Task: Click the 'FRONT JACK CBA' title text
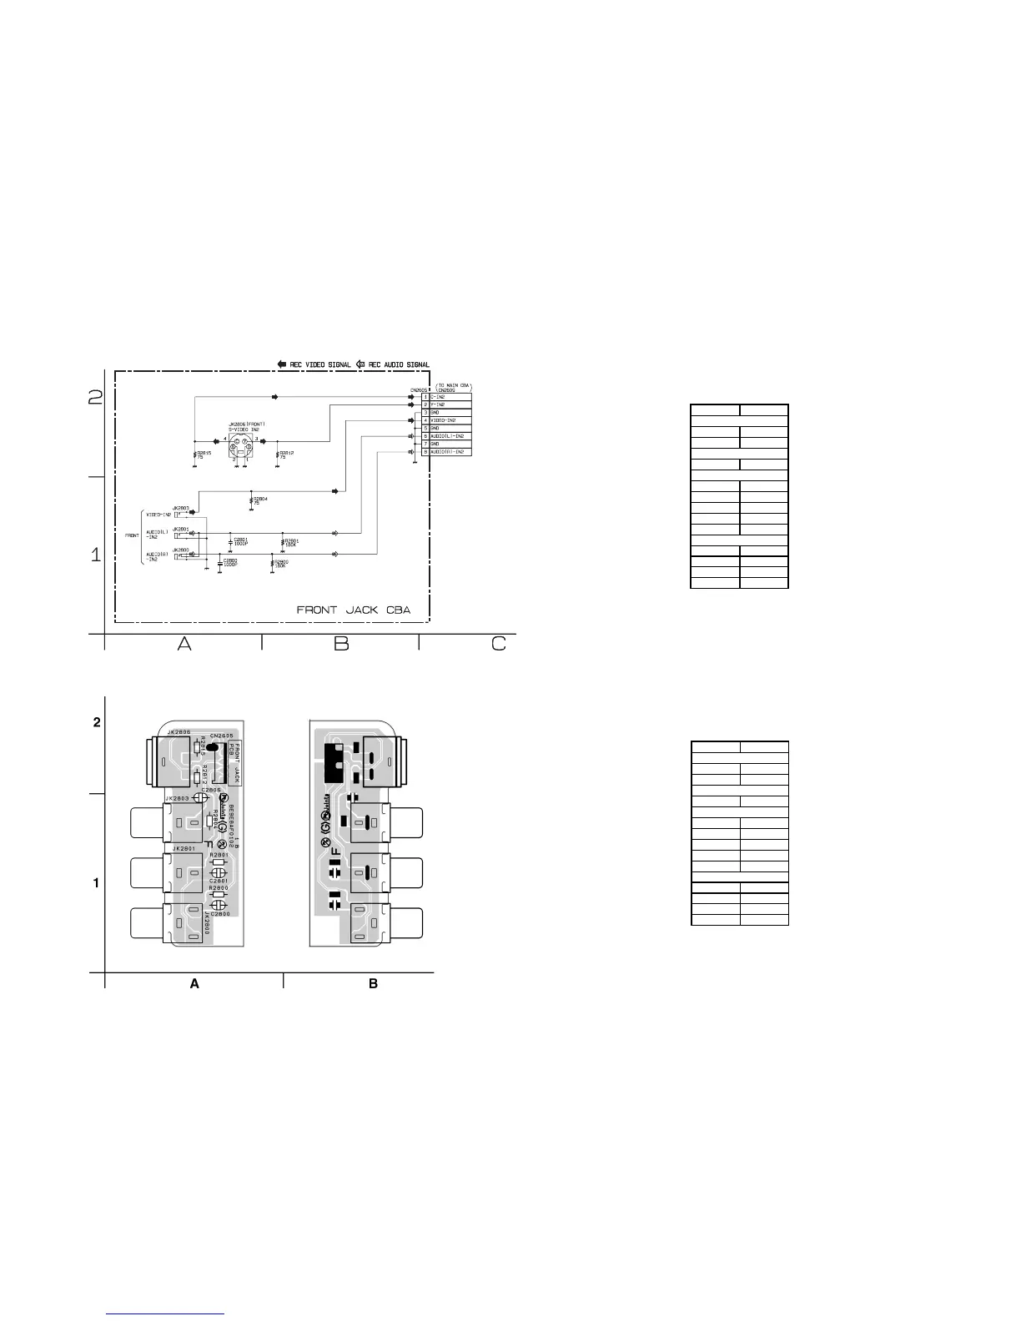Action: pos(354,610)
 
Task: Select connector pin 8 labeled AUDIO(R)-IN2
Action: pos(446,452)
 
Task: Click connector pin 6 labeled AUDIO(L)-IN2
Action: pos(446,436)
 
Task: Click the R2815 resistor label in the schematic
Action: pos(203,454)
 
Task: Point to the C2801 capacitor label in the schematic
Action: pos(241,540)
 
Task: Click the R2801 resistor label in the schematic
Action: pos(292,540)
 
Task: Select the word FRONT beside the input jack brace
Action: pos(132,535)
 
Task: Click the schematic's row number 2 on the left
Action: pos(96,399)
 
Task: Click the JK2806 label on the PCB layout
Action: pos(179,732)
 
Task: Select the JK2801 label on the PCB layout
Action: pos(184,849)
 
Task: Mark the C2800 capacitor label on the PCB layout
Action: pos(220,914)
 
